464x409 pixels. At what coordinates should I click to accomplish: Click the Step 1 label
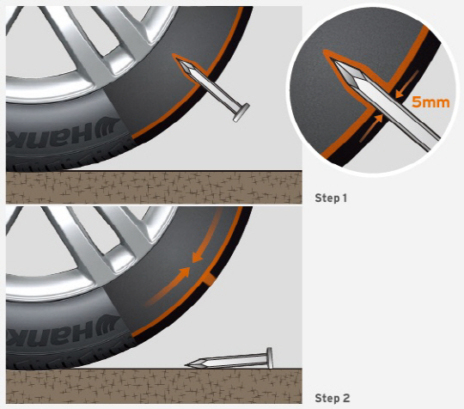coord(331,198)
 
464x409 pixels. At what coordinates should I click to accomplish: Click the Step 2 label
coord(333,398)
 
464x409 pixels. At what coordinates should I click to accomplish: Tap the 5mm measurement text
coord(430,102)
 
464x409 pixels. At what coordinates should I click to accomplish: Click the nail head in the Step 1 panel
coord(241,113)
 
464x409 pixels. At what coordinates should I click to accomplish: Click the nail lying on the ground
coord(229,359)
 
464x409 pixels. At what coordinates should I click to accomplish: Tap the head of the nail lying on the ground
coord(269,358)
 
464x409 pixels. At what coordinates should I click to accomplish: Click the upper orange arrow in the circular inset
coord(407,84)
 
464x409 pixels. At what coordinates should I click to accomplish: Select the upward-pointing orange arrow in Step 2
coord(168,286)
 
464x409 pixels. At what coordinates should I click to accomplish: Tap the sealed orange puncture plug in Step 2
coord(209,278)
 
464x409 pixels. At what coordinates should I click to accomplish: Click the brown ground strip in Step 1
coord(154,187)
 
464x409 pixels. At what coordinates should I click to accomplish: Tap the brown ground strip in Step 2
coord(154,386)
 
